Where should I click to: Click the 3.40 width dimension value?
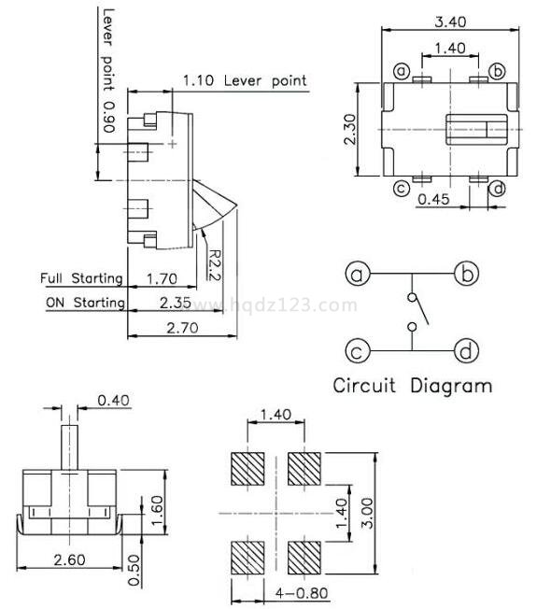tap(450, 21)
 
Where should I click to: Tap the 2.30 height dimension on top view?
tap(350, 129)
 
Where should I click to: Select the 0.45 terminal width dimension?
tap(433, 199)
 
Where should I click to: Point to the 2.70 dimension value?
tap(182, 328)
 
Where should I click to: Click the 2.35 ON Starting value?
tap(176, 303)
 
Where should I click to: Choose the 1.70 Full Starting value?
tap(162, 279)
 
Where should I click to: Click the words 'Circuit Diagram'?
tap(413, 386)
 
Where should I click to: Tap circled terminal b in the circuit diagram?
tap(466, 274)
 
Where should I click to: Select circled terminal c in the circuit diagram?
tap(358, 351)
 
